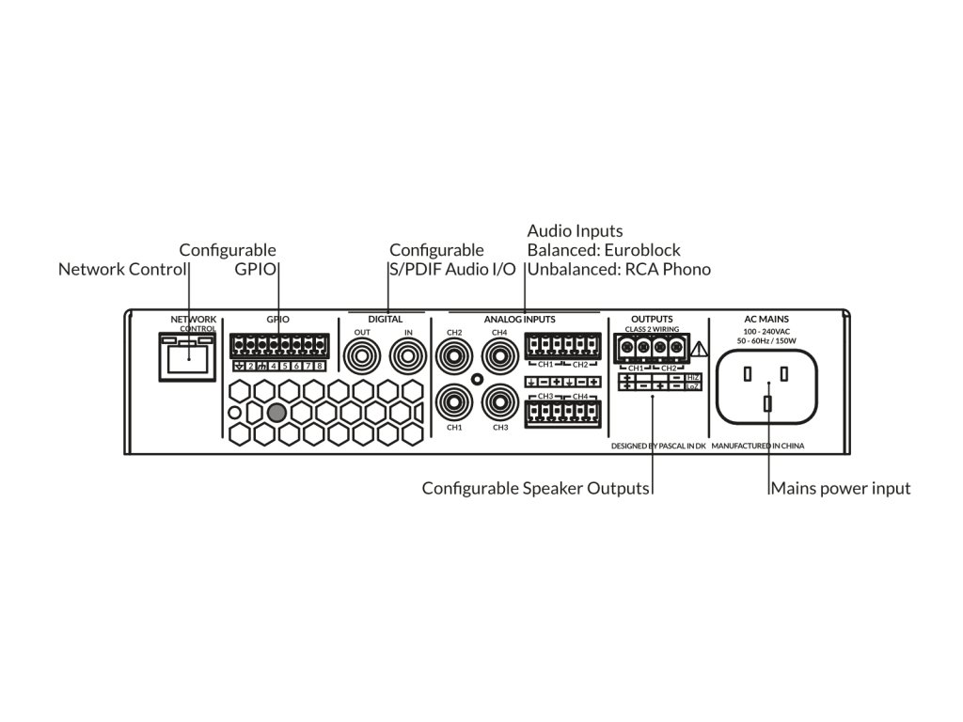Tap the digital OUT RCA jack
tap(362, 357)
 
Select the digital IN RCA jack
tap(408, 357)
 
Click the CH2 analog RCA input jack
tap(454, 357)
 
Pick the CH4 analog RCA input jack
tap(499, 357)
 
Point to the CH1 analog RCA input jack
tap(454, 403)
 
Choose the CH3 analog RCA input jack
tap(499, 403)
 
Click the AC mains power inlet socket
tap(767, 387)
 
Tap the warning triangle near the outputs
tap(698, 351)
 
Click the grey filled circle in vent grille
tap(276, 412)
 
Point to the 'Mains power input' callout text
tap(841, 489)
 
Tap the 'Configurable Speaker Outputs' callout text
tap(536, 489)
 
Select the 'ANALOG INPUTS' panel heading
tap(520, 320)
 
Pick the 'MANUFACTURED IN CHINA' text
tap(758, 446)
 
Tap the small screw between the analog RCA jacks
tap(477, 380)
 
